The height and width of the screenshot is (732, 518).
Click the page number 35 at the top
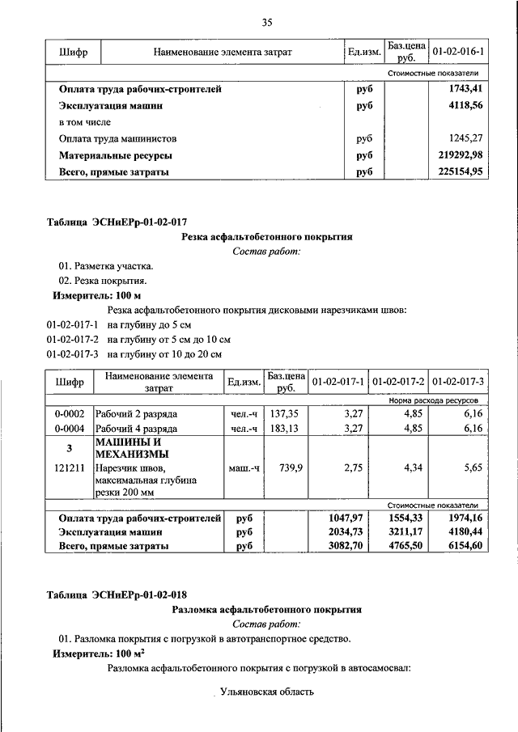267,22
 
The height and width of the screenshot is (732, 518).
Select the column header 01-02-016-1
459,53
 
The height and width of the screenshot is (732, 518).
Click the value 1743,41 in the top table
466,89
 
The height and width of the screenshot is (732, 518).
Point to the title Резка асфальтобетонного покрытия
266,236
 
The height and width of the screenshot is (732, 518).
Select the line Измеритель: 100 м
96,296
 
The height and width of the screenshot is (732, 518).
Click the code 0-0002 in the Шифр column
70,413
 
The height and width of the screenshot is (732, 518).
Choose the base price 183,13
285,429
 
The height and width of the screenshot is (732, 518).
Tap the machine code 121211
70,468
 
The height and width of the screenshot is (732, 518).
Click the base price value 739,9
285,468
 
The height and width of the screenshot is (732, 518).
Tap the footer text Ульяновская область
266,692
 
